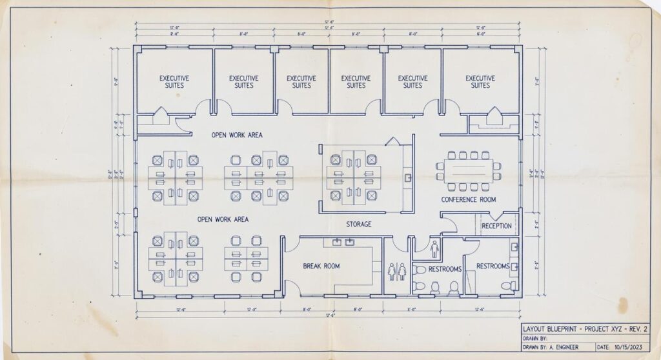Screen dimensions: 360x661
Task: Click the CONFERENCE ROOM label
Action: [x=469, y=200]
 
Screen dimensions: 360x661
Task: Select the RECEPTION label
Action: [x=496, y=226]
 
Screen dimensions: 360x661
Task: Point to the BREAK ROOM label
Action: [x=321, y=266]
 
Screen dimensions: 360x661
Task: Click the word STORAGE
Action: [x=358, y=225]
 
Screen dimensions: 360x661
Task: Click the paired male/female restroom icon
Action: [x=396, y=271]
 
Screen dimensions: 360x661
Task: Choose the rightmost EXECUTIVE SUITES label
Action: [x=480, y=82]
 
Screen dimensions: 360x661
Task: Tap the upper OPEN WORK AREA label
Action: [x=237, y=135]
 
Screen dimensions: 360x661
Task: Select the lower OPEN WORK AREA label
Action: [x=223, y=219]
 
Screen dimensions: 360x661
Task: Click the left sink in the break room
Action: [x=337, y=243]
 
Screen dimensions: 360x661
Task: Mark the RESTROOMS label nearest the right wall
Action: [x=493, y=266]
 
